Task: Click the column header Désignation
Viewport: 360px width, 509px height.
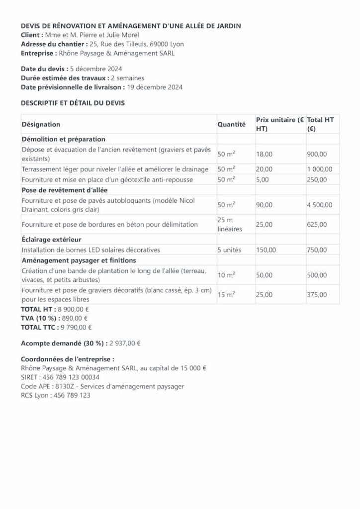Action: point(41,124)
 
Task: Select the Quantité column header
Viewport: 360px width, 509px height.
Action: point(232,124)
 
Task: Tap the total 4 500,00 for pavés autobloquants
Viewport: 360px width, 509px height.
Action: point(320,205)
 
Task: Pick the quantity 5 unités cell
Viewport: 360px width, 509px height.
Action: point(229,250)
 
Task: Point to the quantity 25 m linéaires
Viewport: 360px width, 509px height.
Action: point(229,224)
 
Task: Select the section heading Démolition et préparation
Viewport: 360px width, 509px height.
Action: point(63,139)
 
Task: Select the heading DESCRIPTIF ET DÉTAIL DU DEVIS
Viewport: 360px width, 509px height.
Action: point(73,103)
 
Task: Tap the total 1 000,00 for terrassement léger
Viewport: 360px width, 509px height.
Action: point(320,170)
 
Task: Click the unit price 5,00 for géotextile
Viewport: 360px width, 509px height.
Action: point(261,179)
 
